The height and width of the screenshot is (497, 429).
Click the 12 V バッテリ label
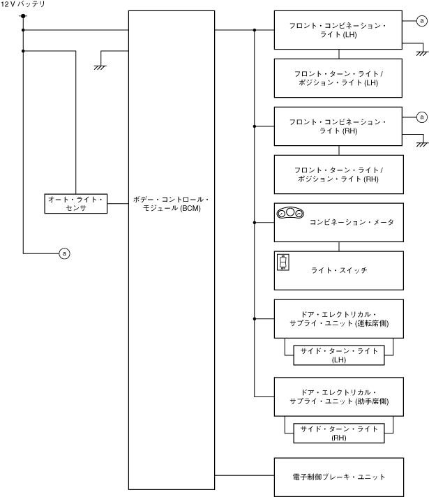[x=23, y=5]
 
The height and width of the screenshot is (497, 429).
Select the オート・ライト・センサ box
[x=75, y=203]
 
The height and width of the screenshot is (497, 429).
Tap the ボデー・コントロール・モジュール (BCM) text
[x=171, y=203]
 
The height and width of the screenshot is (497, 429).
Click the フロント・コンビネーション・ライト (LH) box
[x=338, y=30]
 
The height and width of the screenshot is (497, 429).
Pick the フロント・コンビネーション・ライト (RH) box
[x=338, y=126]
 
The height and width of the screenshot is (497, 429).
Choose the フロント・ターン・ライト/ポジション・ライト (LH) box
[x=338, y=78]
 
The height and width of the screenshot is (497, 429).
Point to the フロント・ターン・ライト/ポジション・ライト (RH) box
[x=338, y=175]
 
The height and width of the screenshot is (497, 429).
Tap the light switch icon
[x=283, y=262]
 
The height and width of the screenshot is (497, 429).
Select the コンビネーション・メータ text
[x=352, y=222]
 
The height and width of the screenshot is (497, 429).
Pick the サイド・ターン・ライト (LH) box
[x=338, y=355]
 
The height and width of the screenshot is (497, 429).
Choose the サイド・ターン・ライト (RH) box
[x=338, y=433]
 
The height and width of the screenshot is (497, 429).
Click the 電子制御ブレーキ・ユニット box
[x=338, y=477]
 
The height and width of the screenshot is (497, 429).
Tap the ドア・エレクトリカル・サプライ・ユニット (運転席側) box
[x=338, y=318]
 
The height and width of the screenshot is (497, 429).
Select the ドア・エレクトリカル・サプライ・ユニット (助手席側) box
[x=338, y=396]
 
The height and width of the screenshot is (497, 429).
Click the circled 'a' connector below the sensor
[x=64, y=253]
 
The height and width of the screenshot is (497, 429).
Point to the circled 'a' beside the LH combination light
[x=421, y=22]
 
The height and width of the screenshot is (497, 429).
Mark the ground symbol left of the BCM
[x=100, y=66]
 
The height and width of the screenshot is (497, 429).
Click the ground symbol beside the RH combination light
[x=421, y=144]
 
